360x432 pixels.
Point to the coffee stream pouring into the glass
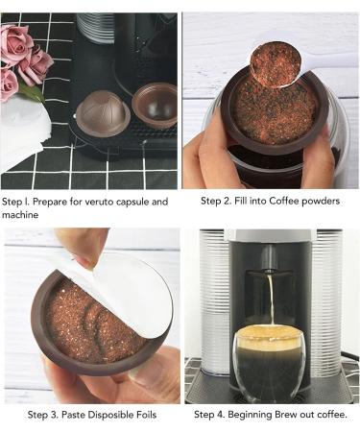271,299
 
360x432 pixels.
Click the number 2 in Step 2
225,202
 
